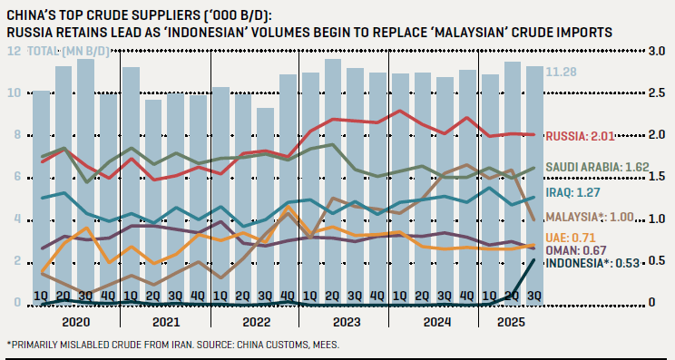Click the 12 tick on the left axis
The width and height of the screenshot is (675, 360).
[x=14, y=52]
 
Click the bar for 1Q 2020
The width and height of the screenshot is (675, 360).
[x=42, y=195]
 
